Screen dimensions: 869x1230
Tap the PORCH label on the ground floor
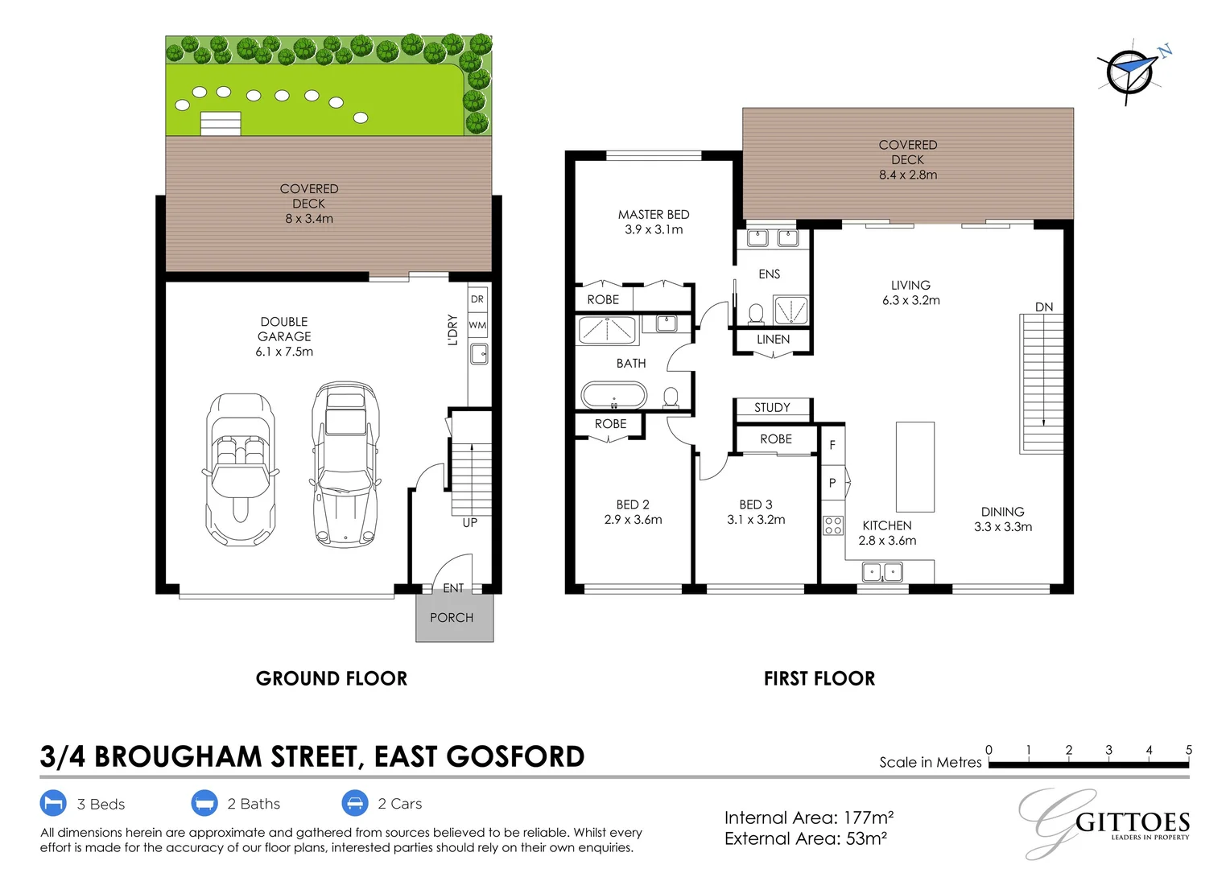(x=452, y=618)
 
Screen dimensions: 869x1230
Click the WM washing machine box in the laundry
(x=477, y=325)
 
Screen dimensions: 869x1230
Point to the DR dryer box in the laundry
(x=477, y=299)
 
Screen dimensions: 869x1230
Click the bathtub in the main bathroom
(x=613, y=396)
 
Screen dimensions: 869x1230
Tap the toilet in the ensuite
(x=756, y=312)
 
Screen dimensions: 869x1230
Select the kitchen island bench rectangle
(x=915, y=467)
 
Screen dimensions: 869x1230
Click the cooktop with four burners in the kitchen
(x=833, y=525)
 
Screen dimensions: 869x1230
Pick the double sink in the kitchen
(x=882, y=572)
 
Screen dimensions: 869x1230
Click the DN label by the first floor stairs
(x=1044, y=307)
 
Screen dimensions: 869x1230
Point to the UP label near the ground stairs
(x=470, y=523)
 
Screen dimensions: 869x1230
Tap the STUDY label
(x=772, y=408)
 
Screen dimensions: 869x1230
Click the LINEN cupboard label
(x=773, y=340)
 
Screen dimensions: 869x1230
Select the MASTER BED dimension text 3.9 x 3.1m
(x=654, y=230)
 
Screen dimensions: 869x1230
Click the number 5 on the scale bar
(x=1188, y=750)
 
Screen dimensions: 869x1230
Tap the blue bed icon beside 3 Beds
(x=53, y=804)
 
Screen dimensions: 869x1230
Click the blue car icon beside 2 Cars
(x=355, y=804)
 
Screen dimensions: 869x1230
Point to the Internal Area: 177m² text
(x=809, y=818)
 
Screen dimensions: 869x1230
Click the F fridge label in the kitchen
(x=832, y=445)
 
